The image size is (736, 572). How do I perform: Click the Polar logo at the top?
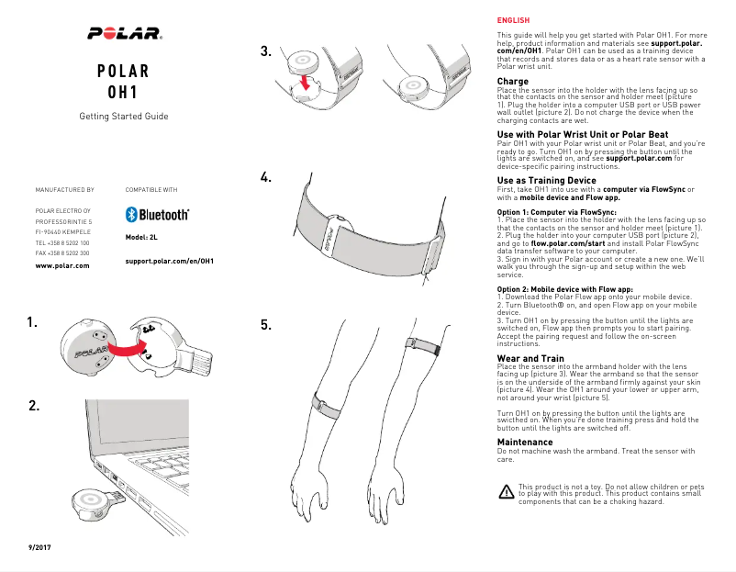pos(124,34)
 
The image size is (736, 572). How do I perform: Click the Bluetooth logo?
pos(157,215)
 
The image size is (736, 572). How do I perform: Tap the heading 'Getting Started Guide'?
pos(124,117)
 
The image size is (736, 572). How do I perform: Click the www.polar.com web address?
pos(61,265)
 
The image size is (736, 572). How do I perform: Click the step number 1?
pos(34,322)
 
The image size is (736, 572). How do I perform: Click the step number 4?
pos(266,178)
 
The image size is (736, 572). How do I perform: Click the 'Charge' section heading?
pos(512,82)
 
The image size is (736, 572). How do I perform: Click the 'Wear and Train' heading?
pos(530,358)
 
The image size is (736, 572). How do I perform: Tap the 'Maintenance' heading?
pos(525,443)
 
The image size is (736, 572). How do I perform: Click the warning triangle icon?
pos(506,492)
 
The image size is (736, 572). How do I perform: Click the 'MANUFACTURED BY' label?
pos(64,189)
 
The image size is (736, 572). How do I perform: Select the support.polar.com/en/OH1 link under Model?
pos(169,261)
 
